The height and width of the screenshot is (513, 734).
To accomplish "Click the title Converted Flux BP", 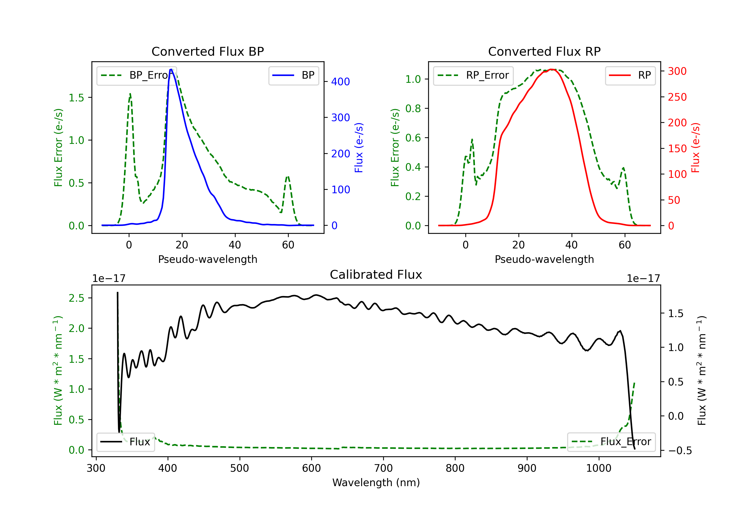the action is (x=208, y=51).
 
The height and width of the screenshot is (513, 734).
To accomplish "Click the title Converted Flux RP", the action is (x=544, y=51).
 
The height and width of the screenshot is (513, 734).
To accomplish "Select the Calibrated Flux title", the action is (x=376, y=275).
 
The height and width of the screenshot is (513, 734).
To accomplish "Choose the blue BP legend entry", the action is (x=293, y=75).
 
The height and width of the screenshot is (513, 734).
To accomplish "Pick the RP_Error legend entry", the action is (x=473, y=75).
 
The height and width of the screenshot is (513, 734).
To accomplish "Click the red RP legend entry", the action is (x=630, y=75).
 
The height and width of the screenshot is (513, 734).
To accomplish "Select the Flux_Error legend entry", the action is (x=611, y=442).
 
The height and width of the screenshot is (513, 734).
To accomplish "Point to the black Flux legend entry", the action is (x=125, y=442).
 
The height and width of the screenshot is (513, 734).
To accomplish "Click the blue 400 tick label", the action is (x=341, y=82).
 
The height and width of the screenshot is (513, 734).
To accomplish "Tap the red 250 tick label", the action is (x=677, y=97).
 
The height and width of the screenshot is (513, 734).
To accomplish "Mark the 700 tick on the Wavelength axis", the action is (x=383, y=468).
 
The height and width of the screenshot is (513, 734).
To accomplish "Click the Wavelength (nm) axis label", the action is (x=376, y=483).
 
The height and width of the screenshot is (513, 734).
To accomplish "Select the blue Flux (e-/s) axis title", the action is (x=359, y=148).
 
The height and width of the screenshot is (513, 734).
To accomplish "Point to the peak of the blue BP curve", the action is (x=171, y=69).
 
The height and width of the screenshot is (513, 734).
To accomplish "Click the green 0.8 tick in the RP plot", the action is (x=413, y=108).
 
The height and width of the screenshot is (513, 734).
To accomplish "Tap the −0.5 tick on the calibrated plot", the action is (x=680, y=451).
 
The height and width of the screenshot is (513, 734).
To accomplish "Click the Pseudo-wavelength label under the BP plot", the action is (x=208, y=259).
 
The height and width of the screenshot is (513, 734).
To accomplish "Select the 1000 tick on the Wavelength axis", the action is (x=599, y=468).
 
